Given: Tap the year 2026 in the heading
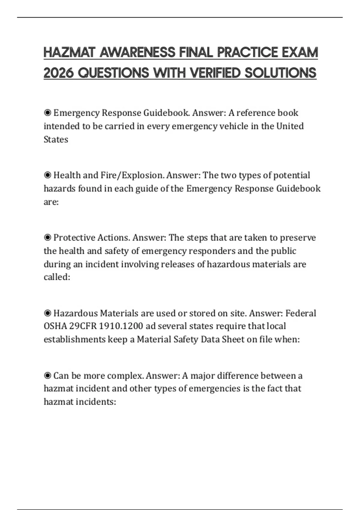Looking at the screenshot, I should coord(58,73).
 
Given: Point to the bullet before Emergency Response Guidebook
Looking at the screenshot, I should coord(47,113).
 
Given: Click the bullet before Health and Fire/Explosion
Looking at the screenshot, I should coord(47,175).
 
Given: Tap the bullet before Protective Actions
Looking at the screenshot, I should coord(47,238).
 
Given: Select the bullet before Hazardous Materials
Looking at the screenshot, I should coord(47,313).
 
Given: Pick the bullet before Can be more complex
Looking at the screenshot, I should coord(47,376).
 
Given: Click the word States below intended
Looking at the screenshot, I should coord(56,139).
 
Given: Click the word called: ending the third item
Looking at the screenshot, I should coord(57,277).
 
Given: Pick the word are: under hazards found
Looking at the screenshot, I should coord(51,202).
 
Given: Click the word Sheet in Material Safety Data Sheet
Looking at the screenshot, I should coord(232,339).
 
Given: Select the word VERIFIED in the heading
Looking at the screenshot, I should coord(215,73).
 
